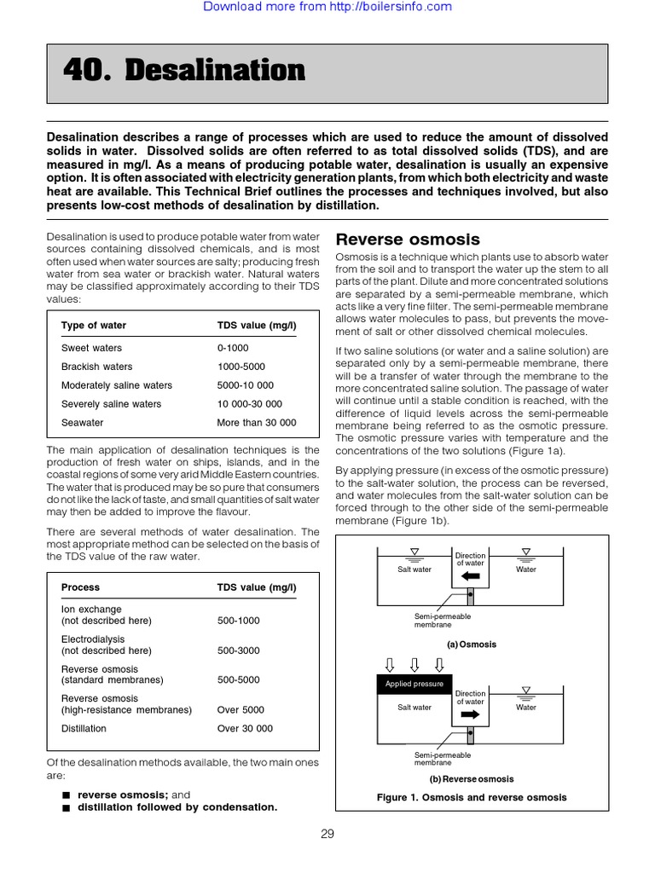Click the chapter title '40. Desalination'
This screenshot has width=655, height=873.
(184, 72)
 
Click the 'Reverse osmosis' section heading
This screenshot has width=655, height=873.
(408, 240)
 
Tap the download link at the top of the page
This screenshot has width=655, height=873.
(327, 7)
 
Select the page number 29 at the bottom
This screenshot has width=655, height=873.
(327, 834)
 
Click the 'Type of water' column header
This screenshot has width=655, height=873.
(93, 325)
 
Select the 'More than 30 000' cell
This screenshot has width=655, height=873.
(257, 423)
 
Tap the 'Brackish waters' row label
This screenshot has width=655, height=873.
(96, 367)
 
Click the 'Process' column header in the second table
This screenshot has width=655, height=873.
(80, 587)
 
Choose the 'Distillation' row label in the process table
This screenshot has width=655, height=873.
(84, 729)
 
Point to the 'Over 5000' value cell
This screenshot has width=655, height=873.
(241, 709)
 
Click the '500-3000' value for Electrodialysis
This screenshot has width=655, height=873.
(240, 650)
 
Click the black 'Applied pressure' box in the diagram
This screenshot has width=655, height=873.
(414, 684)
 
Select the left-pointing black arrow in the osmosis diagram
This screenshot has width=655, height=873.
(470, 576)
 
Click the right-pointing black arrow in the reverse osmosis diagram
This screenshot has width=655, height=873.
(470, 714)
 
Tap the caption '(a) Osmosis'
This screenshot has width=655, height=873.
(471, 645)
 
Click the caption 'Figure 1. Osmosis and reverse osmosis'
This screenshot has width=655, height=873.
(471, 798)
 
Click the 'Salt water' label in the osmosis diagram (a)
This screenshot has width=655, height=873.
(414, 569)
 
